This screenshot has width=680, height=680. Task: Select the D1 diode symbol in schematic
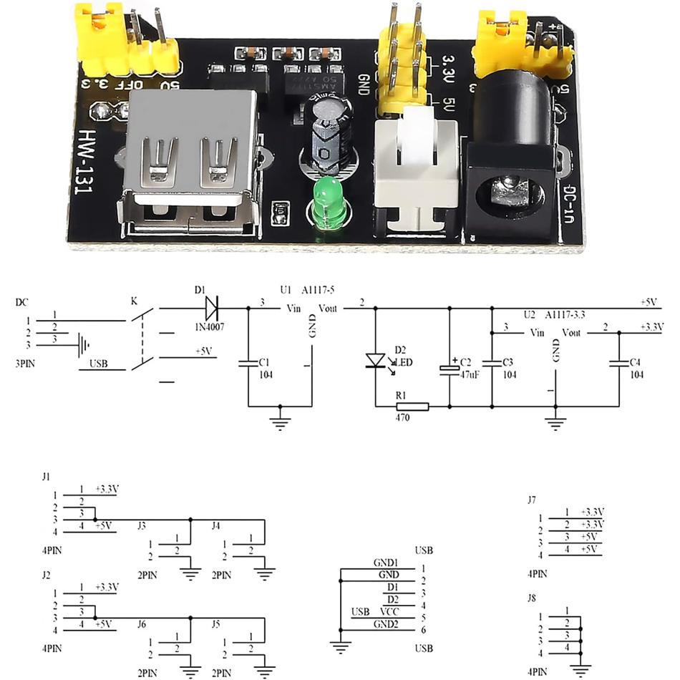click(x=212, y=309)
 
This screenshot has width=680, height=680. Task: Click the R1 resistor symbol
click(x=412, y=407)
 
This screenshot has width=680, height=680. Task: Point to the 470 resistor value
click(x=402, y=418)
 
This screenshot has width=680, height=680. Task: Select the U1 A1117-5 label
click(x=307, y=290)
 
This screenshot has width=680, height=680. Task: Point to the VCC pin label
click(x=389, y=611)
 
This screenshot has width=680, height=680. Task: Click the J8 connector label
click(x=531, y=597)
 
